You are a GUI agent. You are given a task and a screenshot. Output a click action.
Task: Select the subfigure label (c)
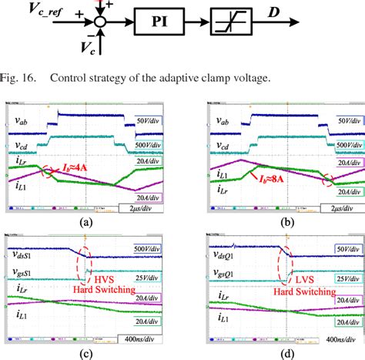[x=94, y=352]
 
